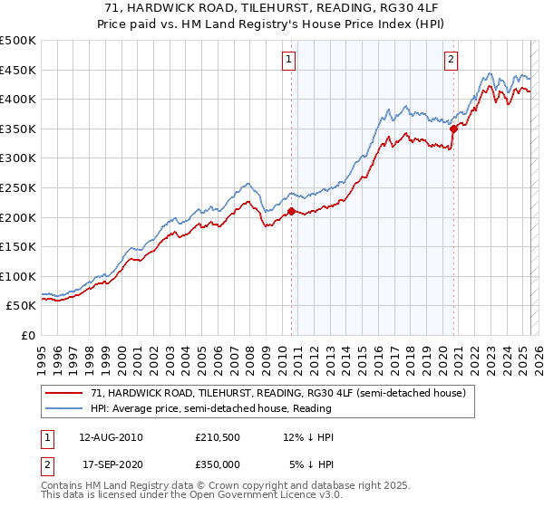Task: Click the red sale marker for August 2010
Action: (291, 211)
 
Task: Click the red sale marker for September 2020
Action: (453, 129)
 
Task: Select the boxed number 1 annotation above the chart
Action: (288, 61)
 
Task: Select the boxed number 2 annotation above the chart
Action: (451, 61)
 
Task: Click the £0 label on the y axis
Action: (27, 335)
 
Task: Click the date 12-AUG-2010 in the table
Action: (112, 437)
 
